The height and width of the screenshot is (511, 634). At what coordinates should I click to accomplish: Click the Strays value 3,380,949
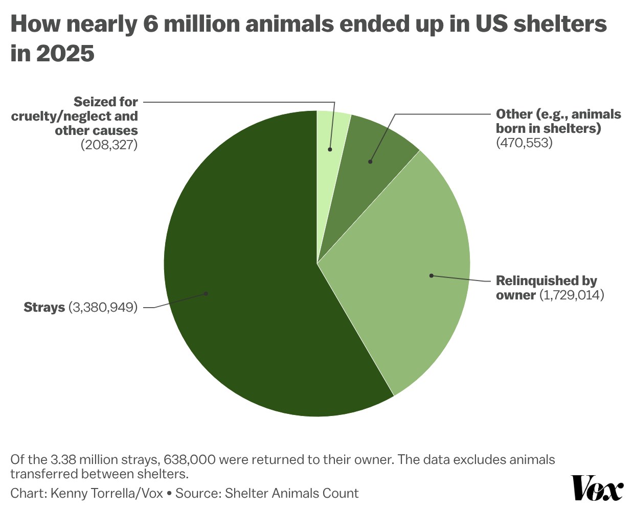103,308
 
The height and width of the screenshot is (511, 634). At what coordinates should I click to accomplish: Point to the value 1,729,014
572,295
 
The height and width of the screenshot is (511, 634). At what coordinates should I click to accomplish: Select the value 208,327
109,145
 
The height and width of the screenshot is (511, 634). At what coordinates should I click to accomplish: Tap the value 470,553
524,143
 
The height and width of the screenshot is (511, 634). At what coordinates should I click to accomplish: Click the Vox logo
597,489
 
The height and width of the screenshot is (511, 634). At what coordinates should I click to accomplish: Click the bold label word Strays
44,308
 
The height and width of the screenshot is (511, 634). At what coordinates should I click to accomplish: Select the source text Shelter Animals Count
291,494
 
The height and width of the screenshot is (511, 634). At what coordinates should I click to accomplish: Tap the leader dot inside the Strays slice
206,293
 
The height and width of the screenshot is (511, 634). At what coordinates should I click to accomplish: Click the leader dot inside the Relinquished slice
431,275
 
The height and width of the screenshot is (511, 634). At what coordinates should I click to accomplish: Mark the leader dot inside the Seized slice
330,149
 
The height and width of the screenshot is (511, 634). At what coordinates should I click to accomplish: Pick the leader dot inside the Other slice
370,161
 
